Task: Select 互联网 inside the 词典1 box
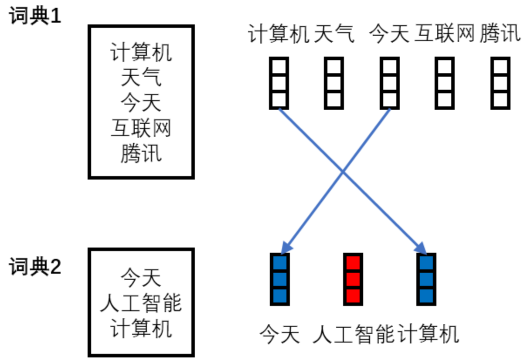click(141, 129)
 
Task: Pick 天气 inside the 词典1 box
click(141, 79)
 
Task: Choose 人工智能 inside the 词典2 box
click(141, 303)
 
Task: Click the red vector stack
click(353, 278)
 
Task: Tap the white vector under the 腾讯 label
click(500, 83)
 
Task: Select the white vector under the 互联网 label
click(445, 83)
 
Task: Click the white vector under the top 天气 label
click(334, 83)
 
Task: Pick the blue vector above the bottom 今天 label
click(279, 278)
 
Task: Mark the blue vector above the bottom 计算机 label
click(426, 278)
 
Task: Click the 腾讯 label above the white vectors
click(500, 34)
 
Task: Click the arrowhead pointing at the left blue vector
click(286, 248)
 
